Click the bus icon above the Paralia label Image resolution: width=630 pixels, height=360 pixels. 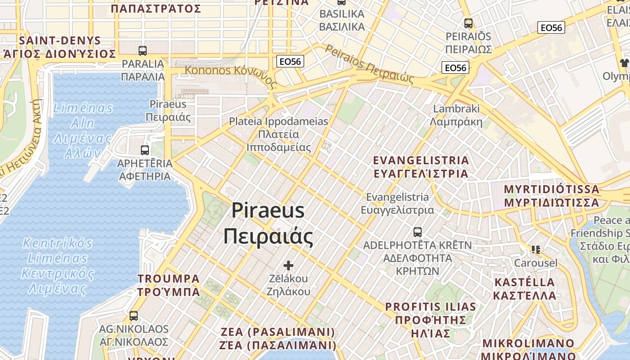click(143, 51)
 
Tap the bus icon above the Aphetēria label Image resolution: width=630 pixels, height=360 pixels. click(144, 150)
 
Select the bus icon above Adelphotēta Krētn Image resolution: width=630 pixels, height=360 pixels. click(418, 232)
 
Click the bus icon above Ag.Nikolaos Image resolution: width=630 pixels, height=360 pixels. click(134, 316)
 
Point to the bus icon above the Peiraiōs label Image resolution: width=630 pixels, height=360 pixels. click(468, 23)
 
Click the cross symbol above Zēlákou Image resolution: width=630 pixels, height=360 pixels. click(288, 265)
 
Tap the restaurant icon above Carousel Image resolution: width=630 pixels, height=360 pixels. click(535, 249)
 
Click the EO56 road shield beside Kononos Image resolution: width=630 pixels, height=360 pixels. click(291, 61)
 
